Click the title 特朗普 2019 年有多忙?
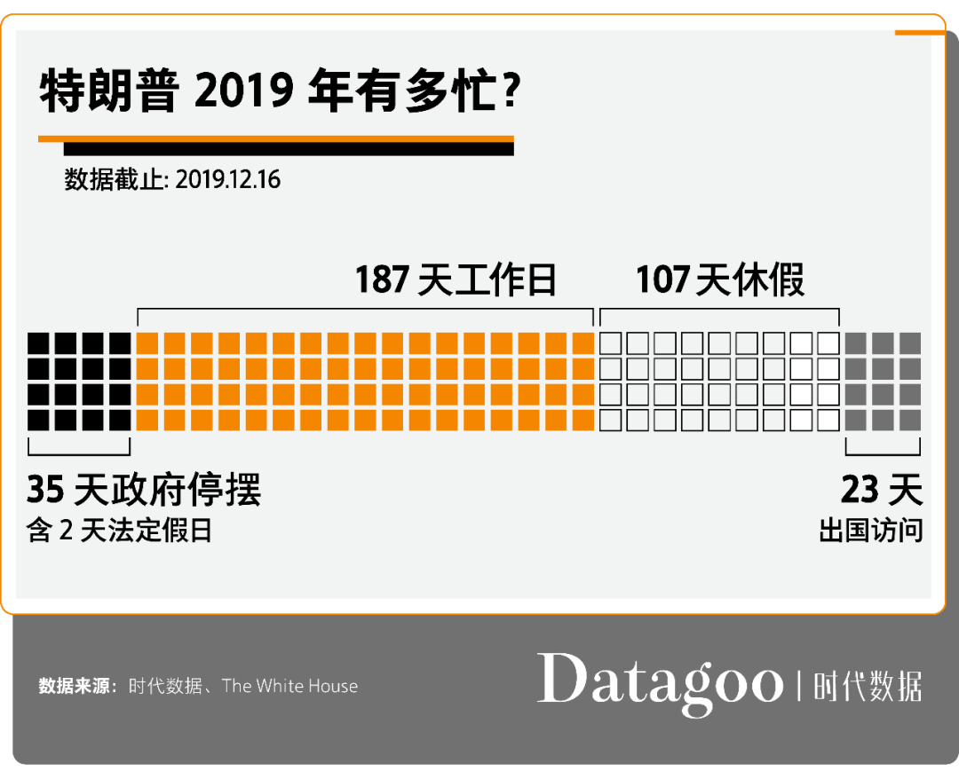(279, 91)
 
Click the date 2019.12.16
(228, 180)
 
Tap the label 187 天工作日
(456, 280)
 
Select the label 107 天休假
(719, 280)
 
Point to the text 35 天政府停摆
(144, 490)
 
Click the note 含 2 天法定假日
(120, 531)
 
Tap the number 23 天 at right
(881, 490)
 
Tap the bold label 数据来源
(75, 686)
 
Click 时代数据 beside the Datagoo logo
(868, 687)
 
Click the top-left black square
(38, 343)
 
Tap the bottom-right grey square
(910, 419)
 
